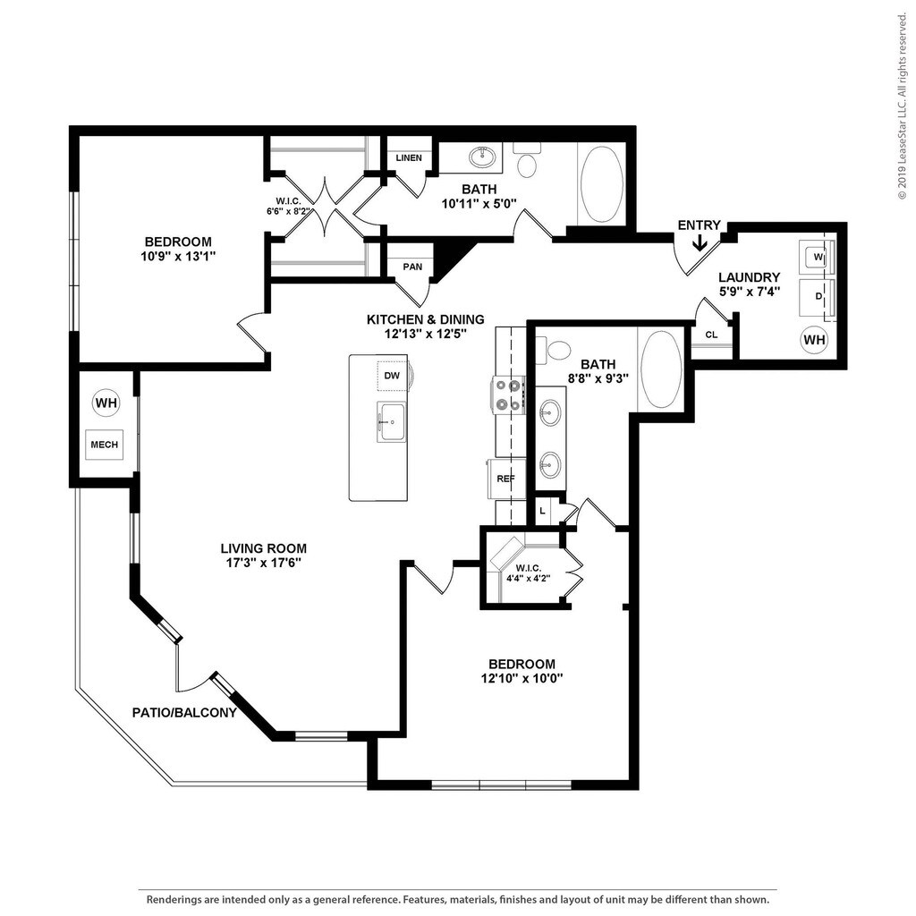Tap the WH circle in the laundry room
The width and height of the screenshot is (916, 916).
(814, 339)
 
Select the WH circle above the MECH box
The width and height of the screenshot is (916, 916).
(106, 403)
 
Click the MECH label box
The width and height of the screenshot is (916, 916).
(105, 445)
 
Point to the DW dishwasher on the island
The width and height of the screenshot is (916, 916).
(392, 375)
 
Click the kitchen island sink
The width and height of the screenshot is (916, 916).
(392, 422)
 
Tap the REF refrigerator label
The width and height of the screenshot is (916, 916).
(506, 479)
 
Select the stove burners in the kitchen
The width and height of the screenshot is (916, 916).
(509, 394)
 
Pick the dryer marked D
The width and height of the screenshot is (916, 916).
(818, 297)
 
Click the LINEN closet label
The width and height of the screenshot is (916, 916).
(409, 157)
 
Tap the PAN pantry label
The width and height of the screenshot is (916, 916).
(412, 267)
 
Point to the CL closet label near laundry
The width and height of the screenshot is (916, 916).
(711, 335)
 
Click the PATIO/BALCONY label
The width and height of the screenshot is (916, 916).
(184, 713)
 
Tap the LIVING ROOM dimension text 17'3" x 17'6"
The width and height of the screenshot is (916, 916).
(264, 564)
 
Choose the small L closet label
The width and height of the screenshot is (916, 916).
(542, 511)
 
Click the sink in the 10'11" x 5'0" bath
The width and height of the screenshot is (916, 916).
(482, 157)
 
